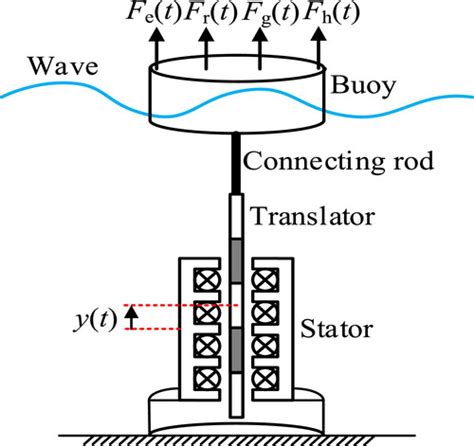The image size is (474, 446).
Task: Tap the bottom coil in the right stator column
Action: [270, 379]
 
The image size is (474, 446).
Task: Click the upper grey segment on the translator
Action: [238, 255]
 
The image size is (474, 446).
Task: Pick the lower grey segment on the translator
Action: [238, 350]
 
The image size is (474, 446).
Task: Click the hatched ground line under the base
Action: [237, 436]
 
